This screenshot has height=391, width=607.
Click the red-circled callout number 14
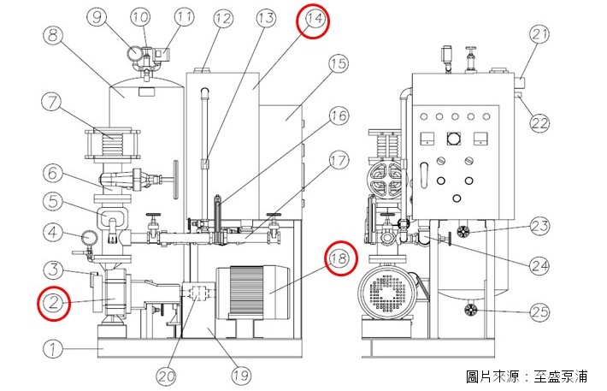point(313,22)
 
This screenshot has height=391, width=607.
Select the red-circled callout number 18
point(341,258)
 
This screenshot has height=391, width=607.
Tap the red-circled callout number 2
point(54,303)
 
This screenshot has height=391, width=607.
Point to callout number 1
point(53,349)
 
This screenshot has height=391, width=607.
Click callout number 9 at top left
point(97,17)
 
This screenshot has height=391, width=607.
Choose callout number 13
point(266,18)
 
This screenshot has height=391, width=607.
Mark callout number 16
point(339,116)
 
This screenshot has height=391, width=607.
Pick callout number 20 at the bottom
point(167,375)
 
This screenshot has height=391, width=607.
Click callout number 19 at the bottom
point(241,375)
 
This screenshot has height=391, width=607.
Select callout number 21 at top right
point(539,34)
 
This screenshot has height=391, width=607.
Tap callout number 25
point(539,311)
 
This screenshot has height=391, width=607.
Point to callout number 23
point(539,226)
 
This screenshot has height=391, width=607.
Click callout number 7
point(51,102)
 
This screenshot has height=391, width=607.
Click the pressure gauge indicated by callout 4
point(90,237)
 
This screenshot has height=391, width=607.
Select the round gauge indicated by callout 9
point(135,54)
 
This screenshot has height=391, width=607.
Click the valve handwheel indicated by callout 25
point(470,310)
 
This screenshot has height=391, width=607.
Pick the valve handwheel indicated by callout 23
point(463,232)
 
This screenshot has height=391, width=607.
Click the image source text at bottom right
point(527,376)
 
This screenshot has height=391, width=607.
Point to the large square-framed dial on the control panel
point(453,139)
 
